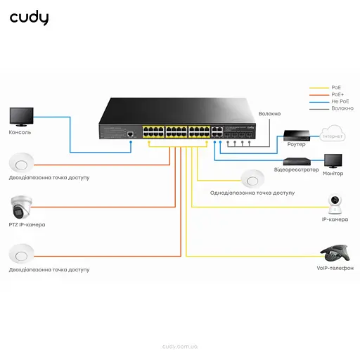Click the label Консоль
pos(20,132)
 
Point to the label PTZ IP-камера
pos(27,225)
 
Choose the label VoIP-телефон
pos(335,269)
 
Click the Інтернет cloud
pos(331,134)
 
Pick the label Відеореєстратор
pos(296,169)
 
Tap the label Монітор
pos(333,173)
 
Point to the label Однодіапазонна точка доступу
pos(252,192)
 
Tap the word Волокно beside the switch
pos(269,113)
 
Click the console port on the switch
pos(131,133)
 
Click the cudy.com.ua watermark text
pos(180,346)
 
